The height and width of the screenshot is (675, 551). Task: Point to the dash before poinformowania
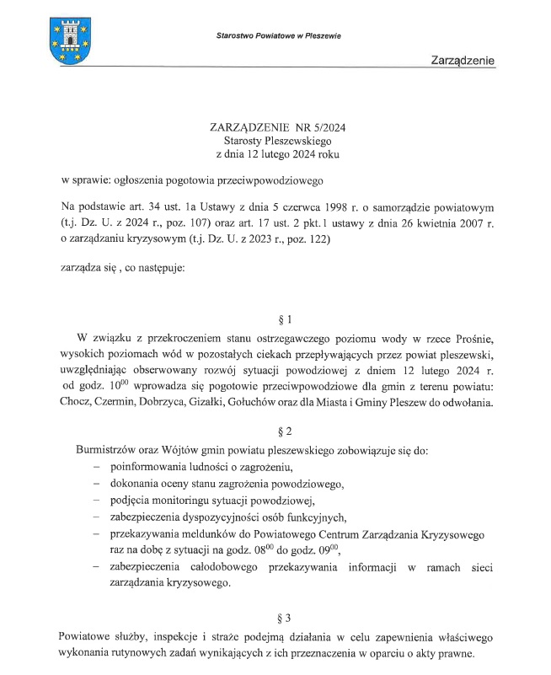[96, 467]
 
